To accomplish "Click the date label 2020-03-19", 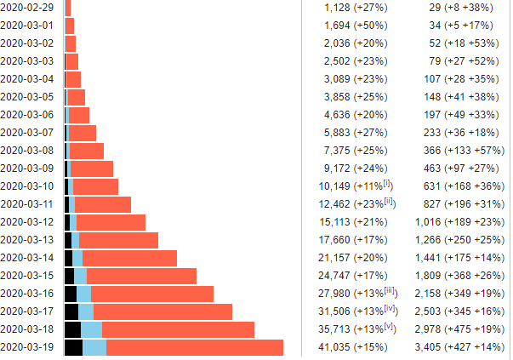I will pyautogui.click(x=29, y=347).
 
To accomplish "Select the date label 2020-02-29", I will pyautogui.click(x=29, y=7).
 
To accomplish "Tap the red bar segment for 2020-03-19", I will pyautogui.click(x=194, y=347).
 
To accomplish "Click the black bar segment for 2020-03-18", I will pyautogui.click(x=72, y=329).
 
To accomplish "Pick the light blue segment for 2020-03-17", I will pyautogui.click(x=85, y=311).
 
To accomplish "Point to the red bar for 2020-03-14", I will pyautogui.click(x=129, y=258).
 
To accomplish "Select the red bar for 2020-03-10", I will pyautogui.click(x=95, y=186).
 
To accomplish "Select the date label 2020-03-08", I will pyautogui.click(x=29, y=150).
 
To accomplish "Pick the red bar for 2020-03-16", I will pyautogui.click(x=151, y=294).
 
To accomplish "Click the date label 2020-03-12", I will pyautogui.click(x=29, y=222).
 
